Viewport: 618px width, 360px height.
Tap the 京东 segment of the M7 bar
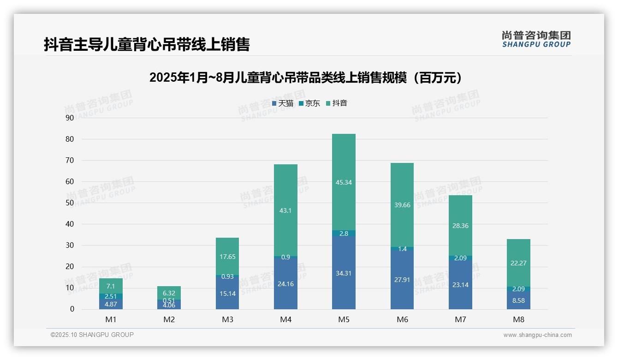460,258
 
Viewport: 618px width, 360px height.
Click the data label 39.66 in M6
402,205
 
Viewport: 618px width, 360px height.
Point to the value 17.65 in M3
227,257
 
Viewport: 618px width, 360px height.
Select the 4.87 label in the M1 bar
111,304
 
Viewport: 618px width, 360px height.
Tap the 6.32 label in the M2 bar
169,293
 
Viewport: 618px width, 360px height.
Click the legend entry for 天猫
283,103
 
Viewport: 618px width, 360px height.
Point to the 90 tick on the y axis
70,118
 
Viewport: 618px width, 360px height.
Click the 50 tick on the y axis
70,203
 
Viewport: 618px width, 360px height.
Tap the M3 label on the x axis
227,319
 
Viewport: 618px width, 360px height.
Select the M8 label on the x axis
518,319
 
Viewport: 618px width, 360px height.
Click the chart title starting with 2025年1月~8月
305,78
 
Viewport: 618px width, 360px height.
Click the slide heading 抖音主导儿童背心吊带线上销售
147,44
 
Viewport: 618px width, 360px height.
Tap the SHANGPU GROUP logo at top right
536,39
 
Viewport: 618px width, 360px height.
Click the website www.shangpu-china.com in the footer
537,335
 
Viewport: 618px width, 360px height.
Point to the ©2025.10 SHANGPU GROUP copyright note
92,335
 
